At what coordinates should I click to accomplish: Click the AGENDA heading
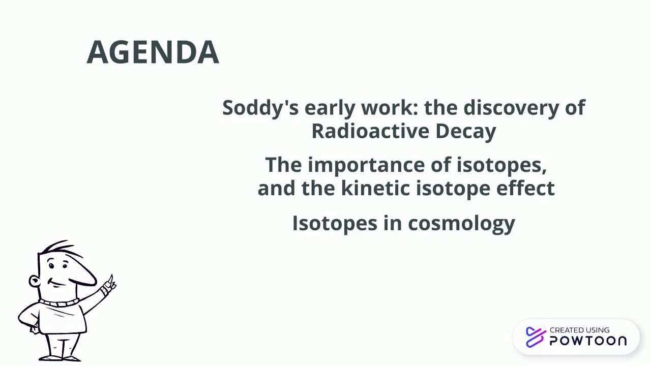[x=153, y=52]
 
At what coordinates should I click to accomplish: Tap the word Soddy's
[x=260, y=108]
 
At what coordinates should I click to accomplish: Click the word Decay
[x=465, y=131]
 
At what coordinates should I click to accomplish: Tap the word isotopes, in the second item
[x=501, y=165]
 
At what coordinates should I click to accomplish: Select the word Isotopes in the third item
[x=334, y=223]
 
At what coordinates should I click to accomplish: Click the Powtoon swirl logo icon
[x=535, y=337]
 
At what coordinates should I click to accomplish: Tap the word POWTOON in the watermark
[x=588, y=341]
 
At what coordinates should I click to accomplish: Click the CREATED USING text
[x=579, y=330]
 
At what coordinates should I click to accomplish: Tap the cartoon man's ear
[x=34, y=281]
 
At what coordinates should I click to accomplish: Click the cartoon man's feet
[x=64, y=357]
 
